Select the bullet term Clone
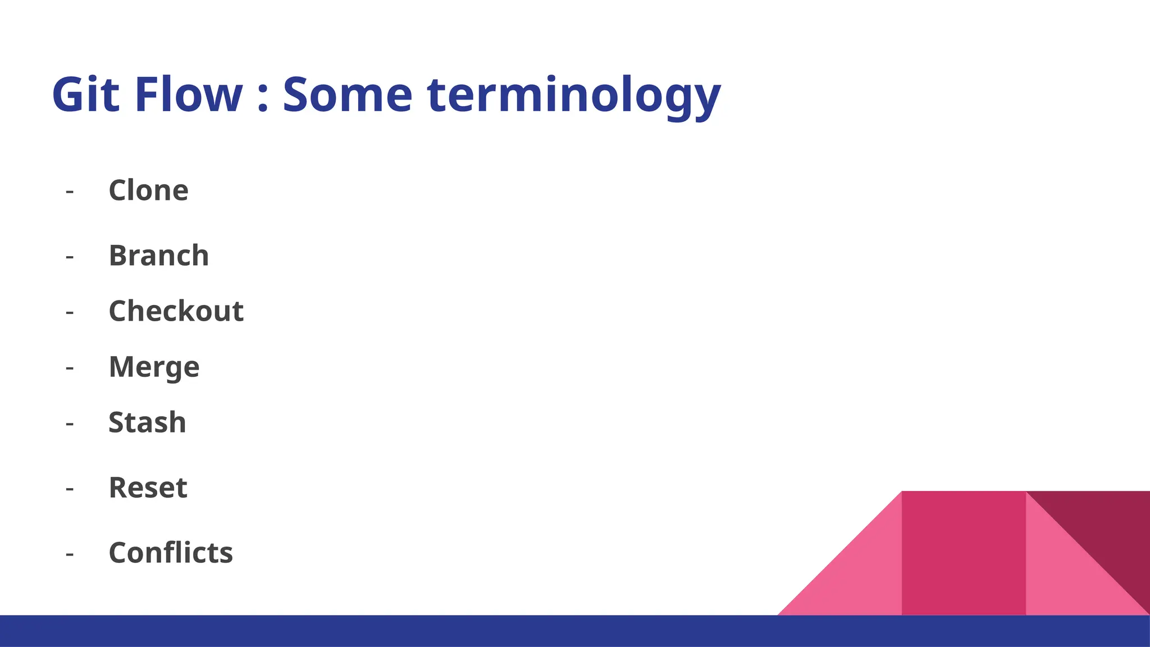point(148,190)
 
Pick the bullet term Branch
point(159,256)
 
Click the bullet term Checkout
point(176,311)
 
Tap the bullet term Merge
point(154,367)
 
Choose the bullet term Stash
point(147,422)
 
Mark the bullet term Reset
point(148,487)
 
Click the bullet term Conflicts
point(171,553)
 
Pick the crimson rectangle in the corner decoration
point(964,553)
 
